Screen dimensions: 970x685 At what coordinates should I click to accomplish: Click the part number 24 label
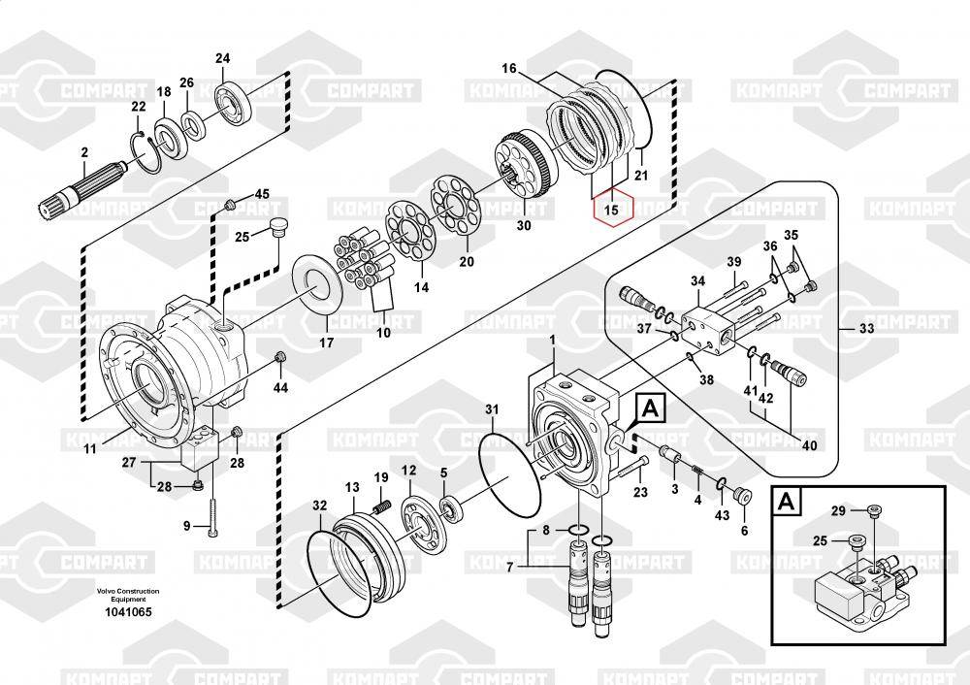tap(223, 58)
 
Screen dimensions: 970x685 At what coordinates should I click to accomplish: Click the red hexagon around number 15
tap(613, 210)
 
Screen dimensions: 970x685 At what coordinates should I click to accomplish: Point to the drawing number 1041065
tap(127, 612)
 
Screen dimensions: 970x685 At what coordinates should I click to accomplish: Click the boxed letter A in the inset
tap(787, 502)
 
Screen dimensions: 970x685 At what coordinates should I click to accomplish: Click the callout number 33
tap(866, 328)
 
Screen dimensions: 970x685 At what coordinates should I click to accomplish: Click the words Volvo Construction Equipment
tap(127, 595)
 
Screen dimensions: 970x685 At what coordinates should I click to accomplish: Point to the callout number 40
tap(809, 445)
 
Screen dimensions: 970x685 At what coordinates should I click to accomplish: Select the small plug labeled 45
tap(230, 204)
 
